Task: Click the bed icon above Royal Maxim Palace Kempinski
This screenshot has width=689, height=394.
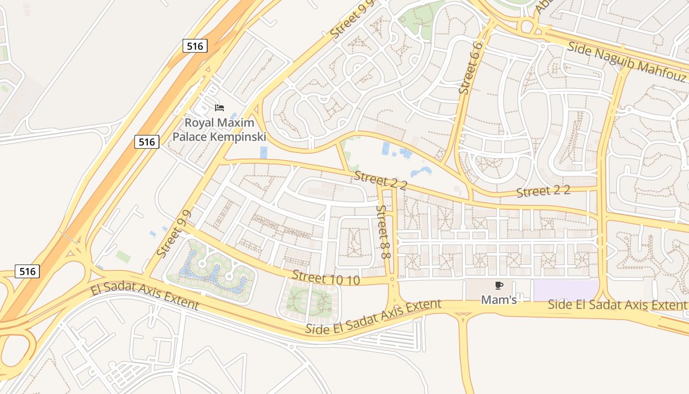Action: click(x=219, y=107)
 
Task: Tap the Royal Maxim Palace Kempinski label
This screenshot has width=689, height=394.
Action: click(x=219, y=130)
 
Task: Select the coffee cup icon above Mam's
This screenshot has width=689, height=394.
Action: click(x=499, y=285)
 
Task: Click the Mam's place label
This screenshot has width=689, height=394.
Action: click(x=499, y=299)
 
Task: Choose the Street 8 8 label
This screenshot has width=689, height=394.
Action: click(x=383, y=232)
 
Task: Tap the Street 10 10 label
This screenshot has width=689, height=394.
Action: click(x=325, y=278)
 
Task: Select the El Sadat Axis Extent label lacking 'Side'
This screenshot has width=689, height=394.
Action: click(x=145, y=296)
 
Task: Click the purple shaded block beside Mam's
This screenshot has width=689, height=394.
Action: click(x=566, y=290)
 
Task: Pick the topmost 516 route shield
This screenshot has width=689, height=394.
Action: click(x=195, y=46)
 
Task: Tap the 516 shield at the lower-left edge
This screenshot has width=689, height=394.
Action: click(x=27, y=271)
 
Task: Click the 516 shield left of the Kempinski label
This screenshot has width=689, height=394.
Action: click(x=147, y=142)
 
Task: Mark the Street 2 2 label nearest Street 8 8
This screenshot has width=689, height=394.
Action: click(x=380, y=180)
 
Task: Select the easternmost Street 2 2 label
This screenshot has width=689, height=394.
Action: click(x=543, y=192)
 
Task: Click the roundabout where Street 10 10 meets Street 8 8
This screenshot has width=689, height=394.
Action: click(x=392, y=280)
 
